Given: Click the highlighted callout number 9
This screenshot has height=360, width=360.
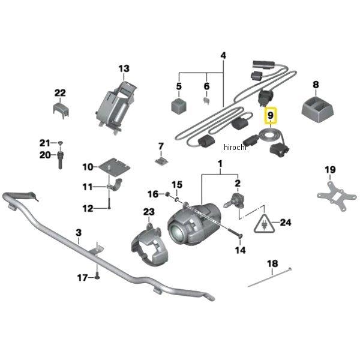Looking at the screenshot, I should (271, 114).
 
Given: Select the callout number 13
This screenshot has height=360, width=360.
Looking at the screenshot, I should (123, 69).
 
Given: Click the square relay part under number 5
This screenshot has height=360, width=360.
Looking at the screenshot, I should (179, 107).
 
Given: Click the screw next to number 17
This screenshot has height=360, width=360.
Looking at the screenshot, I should (96, 277).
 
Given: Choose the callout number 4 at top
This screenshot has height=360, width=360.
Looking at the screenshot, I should (223, 56).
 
